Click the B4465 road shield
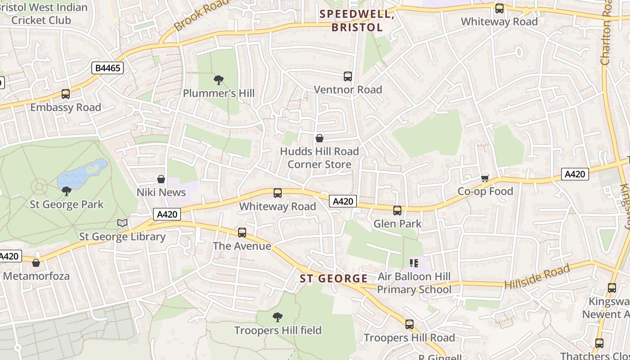pyautogui.click(x=108, y=68)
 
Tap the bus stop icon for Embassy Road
pyautogui.click(x=66, y=94)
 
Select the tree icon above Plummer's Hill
pyautogui.click(x=219, y=80)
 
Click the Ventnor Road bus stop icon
pyautogui.click(x=347, y=76)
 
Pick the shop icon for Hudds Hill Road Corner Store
pyautogui.click(x=319, y=138)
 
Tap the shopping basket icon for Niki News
pyautogui.click(x=161, y=179)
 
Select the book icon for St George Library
pyautogui.click(x=122, y=223)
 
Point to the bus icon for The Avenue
pyautogui.click(x=242, y=233)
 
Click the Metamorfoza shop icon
pyautogui.click(x=36, y=263)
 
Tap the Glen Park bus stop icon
pyautogui.click(x=397, y=210)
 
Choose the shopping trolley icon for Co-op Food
pyautogui.click(x=485, y=179)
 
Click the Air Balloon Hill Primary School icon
pyautogui.click(x=414, y=263)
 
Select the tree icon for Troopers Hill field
pyautogui.click(x=278, y=317)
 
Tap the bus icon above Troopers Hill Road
pyautogui.click(x=409, y=324)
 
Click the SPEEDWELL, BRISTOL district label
pyautogui.click(x=357, y=21)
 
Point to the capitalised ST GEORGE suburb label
pyautogui.click(x=334, y=279)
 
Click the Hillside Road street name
pyautogui.click(x=537, y=278)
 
